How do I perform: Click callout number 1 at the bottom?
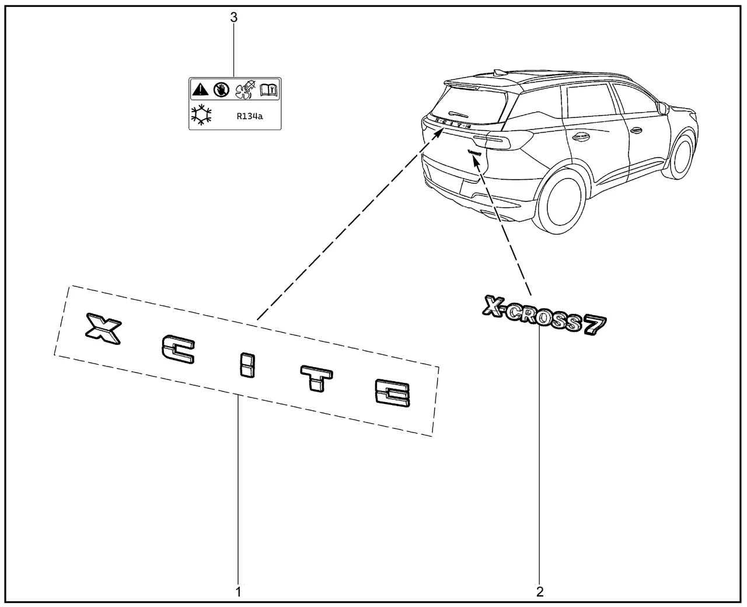(238, 591)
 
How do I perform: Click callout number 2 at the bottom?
(540, 591)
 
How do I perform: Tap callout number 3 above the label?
(234, 18)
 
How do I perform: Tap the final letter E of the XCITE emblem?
(392, 392)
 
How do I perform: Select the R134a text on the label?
(249, 116)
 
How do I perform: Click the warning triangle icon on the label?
(200, 89)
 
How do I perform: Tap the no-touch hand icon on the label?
(220, 89)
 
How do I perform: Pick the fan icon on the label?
(244, 89)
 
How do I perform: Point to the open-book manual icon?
(269, 89)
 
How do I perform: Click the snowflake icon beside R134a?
(202, 115)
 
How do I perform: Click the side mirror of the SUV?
(662, 108)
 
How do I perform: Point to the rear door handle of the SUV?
(581, 137)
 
